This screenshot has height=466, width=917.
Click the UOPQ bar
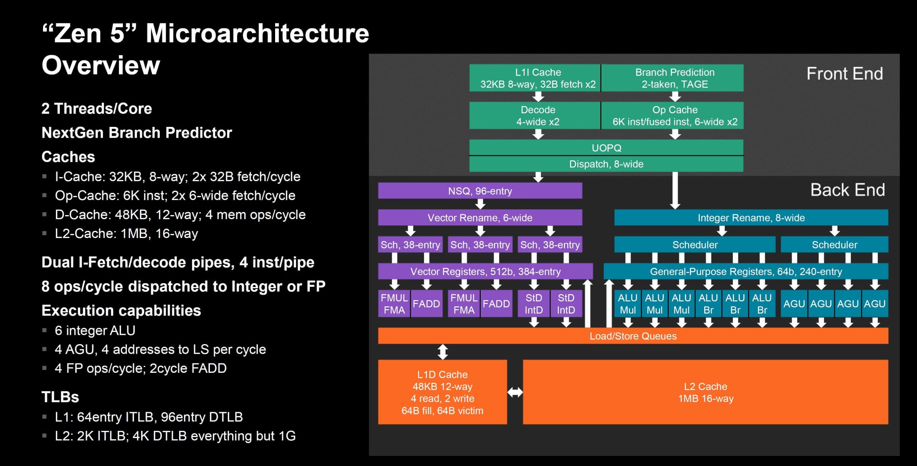(x=606, y=148)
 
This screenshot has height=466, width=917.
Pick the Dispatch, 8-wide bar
(x=606, y=164)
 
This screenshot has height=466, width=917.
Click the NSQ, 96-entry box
(x=480, y=191)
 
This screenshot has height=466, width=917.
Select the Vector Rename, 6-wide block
(x=480, y=218)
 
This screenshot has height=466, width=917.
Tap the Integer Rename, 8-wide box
(x=751, y=218)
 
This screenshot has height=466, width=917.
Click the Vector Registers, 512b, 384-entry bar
(x=485, y=271)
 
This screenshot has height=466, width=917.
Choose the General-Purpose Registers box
(x=746, y=271)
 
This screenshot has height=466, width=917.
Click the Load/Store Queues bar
(x=633, y=336)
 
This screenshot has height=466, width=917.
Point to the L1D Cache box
(x=442, y=392)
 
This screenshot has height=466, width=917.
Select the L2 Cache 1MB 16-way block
(x=706, y=392)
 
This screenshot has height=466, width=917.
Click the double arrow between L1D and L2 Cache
(x=515, y=393)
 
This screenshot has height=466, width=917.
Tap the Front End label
(x=845, y=74)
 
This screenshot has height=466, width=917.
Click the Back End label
(x=848, y=190)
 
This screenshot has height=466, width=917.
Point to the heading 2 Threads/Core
(x=97, y=109)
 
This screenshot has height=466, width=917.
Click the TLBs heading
(x=60, y=397)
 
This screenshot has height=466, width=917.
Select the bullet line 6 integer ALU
(x=95, y=331)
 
